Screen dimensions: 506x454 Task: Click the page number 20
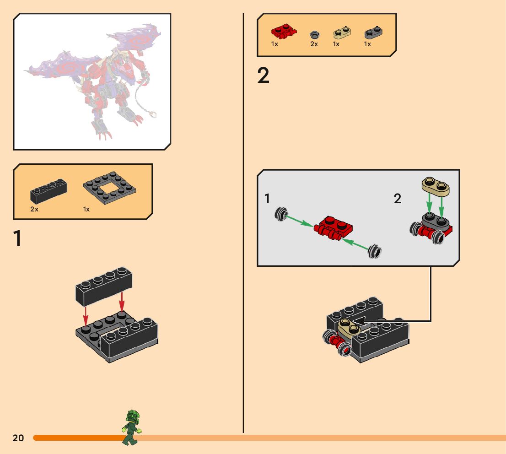pyautogui.click(x=18, y=438)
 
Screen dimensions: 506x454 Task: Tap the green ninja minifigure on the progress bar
pyautogui.click(x=131, y=427)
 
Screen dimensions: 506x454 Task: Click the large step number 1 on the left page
pyautogui.click(x=17, y=238)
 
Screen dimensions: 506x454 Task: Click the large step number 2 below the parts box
pyautogui.click(x=264, y=76)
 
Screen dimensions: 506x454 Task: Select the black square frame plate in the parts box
pyautogui.click(x=109, y=188)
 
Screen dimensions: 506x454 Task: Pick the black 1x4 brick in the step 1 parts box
pyautogui.click(x=49, y=191)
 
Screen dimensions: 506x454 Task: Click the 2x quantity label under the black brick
pyautogui.click(x=34, y=209)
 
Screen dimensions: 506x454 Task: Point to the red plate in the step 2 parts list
pyautogui.click(x=284, y=31)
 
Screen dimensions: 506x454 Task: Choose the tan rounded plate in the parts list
pyautogui.click(x=342, y=32)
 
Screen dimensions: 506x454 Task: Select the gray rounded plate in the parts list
pyautogui.click(x=373, y=32)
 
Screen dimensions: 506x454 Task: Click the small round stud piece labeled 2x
pyautogui.click(x=315, y=34)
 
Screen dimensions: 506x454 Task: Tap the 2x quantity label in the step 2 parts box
pyautogui.click(x=314, y=44)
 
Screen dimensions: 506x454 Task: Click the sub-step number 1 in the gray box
pyautogui.click(x=267, y=199)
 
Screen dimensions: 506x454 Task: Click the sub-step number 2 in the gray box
pyautogui.click(x=398, y=198)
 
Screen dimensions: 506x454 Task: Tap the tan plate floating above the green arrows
pyautogui.click(x=436, y=186)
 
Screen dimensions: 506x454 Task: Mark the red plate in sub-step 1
pyautogui.click(x=333, y=227)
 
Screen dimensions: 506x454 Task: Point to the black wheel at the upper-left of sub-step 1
pyautogui.click(x=281, y=214)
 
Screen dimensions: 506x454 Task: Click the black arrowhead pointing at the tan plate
pyautogui.click(x=358, y=321)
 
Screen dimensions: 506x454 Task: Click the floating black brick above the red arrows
pyautogui.click(x=103, y=286)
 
